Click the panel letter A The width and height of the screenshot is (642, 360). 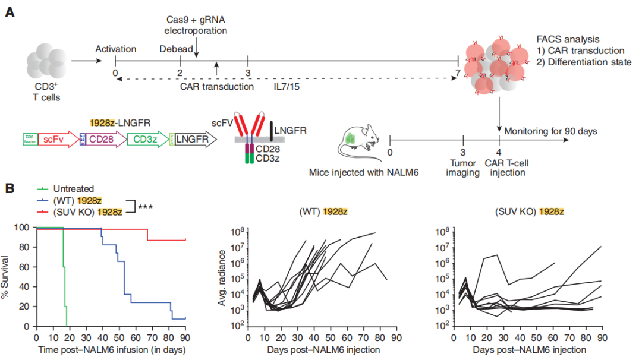click(x=10, y=11)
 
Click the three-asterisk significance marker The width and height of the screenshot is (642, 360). click(x=146, y=207)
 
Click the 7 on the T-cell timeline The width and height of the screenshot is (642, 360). click(x=458, y=72)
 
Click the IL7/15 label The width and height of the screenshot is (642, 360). click(x=287, y=87)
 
